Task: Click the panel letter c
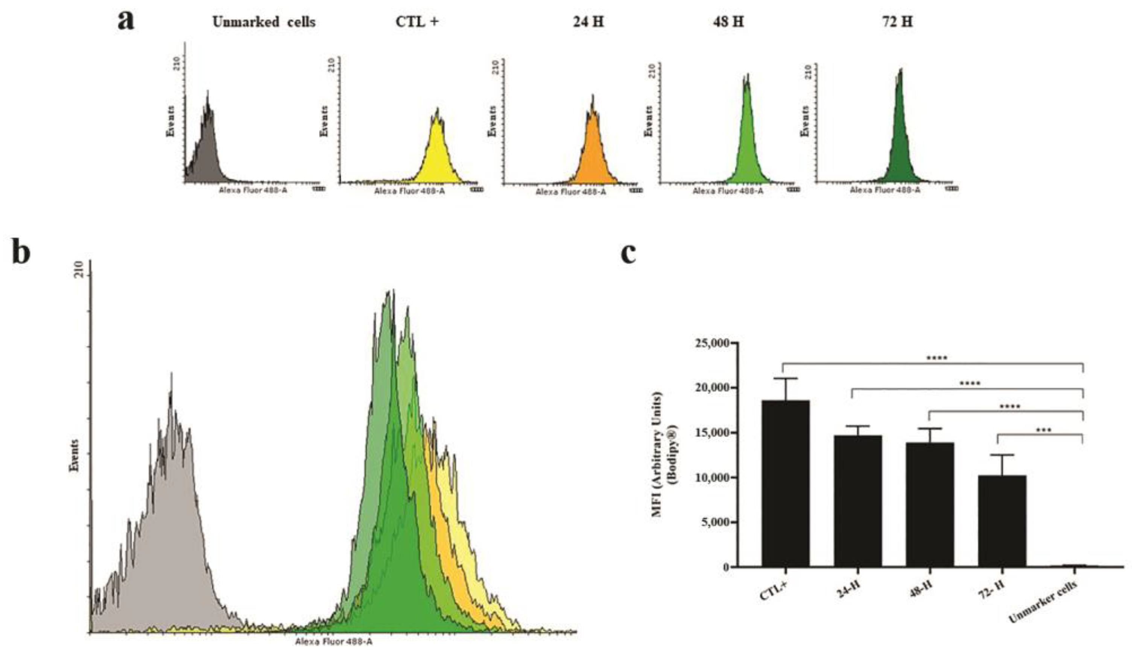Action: (628, 254)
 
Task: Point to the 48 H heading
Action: (728, 22)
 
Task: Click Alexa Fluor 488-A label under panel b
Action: (334, 641)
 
